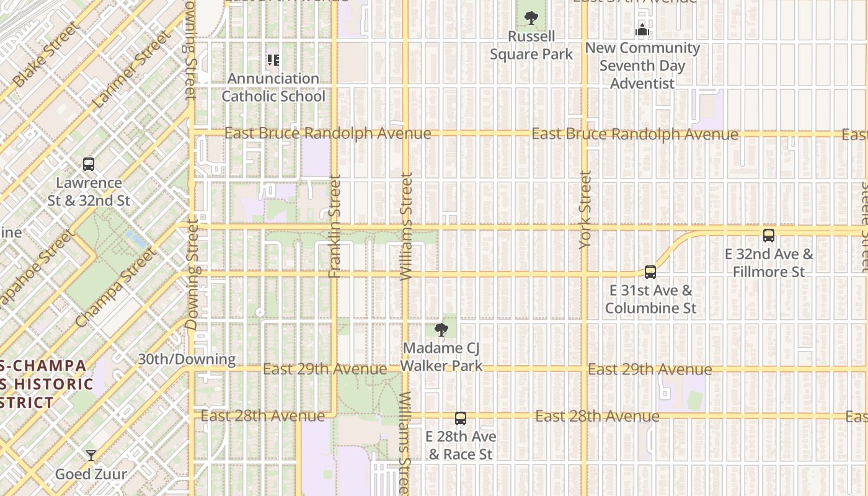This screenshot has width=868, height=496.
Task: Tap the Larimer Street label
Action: [131, 70]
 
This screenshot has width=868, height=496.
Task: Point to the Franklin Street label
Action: [335, 226]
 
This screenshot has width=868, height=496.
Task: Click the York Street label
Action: [585, 210]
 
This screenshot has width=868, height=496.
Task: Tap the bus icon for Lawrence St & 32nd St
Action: [89, 165]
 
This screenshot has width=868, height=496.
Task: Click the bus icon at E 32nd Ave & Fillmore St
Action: [769, 236]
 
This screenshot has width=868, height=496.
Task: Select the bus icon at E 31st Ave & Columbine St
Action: [650, 272]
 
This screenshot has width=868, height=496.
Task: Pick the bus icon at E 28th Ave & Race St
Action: [460, 418]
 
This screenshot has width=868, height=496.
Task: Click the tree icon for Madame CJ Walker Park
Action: [441, 330]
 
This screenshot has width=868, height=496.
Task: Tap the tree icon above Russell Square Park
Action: [531, 18]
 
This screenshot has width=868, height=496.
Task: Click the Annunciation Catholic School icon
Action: [273, 60]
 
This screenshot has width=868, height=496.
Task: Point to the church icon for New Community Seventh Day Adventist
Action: [642, 29]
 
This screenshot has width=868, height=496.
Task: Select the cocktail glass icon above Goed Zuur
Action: [91, 456]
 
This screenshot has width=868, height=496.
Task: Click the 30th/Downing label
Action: [187, 359]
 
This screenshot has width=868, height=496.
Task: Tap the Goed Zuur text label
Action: [91, 474]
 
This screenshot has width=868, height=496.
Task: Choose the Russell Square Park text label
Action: [531, 45]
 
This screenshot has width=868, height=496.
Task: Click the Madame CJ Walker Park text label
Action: [441, 357]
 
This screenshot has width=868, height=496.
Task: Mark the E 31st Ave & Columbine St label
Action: [650, 299]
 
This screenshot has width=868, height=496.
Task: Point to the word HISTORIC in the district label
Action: [53, 384]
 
